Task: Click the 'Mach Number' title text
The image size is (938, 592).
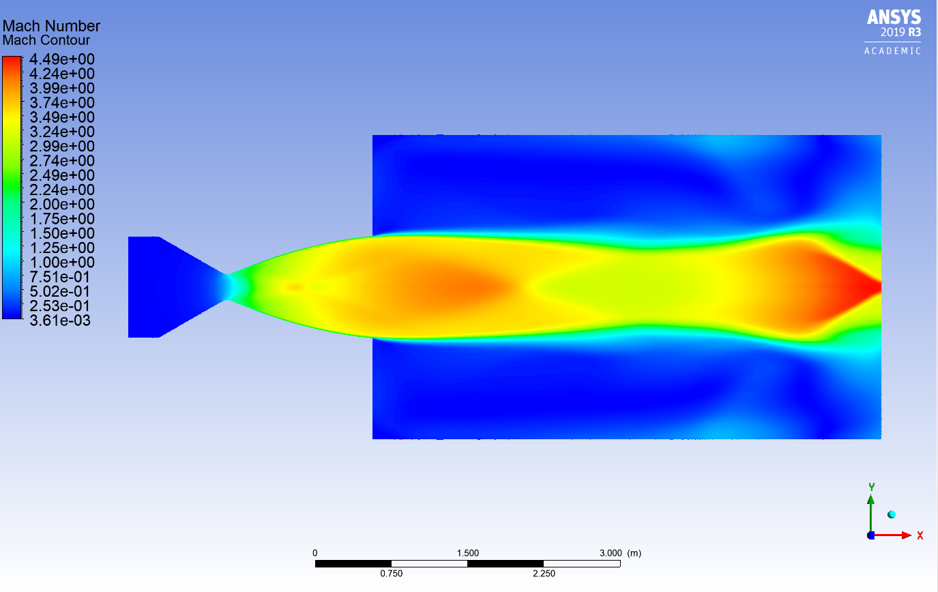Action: pos(51,26)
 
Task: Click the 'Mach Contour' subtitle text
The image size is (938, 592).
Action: pos(46,40)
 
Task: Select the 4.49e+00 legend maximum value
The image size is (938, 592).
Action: pos(61,59)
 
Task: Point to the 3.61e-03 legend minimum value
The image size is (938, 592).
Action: pos(61,320)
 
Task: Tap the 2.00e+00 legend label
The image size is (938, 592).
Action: pos(61,204)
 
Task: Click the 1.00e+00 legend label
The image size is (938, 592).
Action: pos(61,262)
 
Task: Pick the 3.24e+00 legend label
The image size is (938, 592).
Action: pos(61,132)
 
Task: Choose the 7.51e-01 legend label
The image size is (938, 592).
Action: pos(61,277)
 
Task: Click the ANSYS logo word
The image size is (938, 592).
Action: pos(894,17)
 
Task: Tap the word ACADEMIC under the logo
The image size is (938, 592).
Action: pos(893,51)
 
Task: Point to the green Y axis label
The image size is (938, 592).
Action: pos(871,487)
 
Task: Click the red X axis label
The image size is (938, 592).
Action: pos(920,535)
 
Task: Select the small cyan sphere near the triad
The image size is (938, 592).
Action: pos(891,514)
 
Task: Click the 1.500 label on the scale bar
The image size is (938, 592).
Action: pos(467,552)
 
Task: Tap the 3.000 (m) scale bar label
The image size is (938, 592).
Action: pos(619,552)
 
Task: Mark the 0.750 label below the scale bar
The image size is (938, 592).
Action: pos(392,574)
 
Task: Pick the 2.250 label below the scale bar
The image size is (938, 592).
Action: pos(544,574)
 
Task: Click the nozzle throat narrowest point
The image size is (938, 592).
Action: pos(228,286)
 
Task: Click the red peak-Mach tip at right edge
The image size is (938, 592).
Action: pos(877,287)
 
